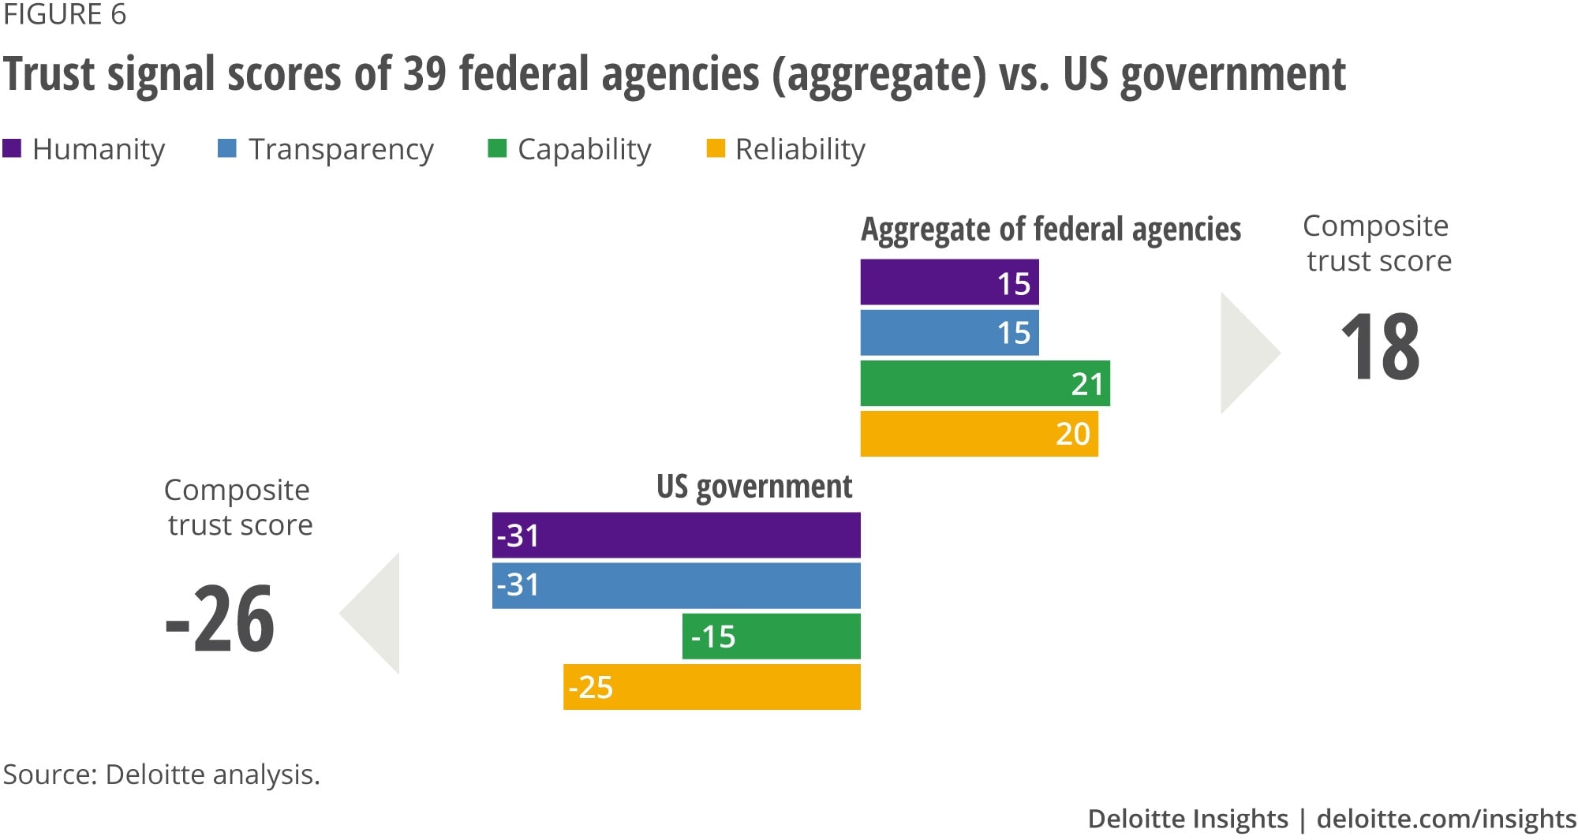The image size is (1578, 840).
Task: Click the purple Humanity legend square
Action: [12, 148]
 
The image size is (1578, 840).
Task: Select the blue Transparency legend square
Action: [227, 148]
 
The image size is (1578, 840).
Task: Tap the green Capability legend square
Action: [497, 148]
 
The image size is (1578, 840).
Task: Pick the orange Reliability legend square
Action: [715, 148]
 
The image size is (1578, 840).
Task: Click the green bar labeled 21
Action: [985, 383]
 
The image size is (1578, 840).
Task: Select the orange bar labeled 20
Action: [978, 434]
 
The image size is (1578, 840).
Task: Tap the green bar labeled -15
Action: [771, 637]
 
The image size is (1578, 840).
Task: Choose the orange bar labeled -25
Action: [712, 687]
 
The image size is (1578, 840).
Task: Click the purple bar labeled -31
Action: [676, 536]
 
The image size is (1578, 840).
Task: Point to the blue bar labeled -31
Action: [676, 585]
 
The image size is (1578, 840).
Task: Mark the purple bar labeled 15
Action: [949, 282]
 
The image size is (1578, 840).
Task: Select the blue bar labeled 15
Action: [949, 333]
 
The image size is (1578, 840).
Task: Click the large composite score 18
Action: [1380, 347]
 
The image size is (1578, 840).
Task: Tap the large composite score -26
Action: [220, 619]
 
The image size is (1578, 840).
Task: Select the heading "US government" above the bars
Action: [754, 487]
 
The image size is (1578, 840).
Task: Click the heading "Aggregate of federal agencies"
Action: [1050, 230]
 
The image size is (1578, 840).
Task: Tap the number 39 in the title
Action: [424, 74]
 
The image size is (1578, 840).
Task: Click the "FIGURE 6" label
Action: [65, 15]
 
